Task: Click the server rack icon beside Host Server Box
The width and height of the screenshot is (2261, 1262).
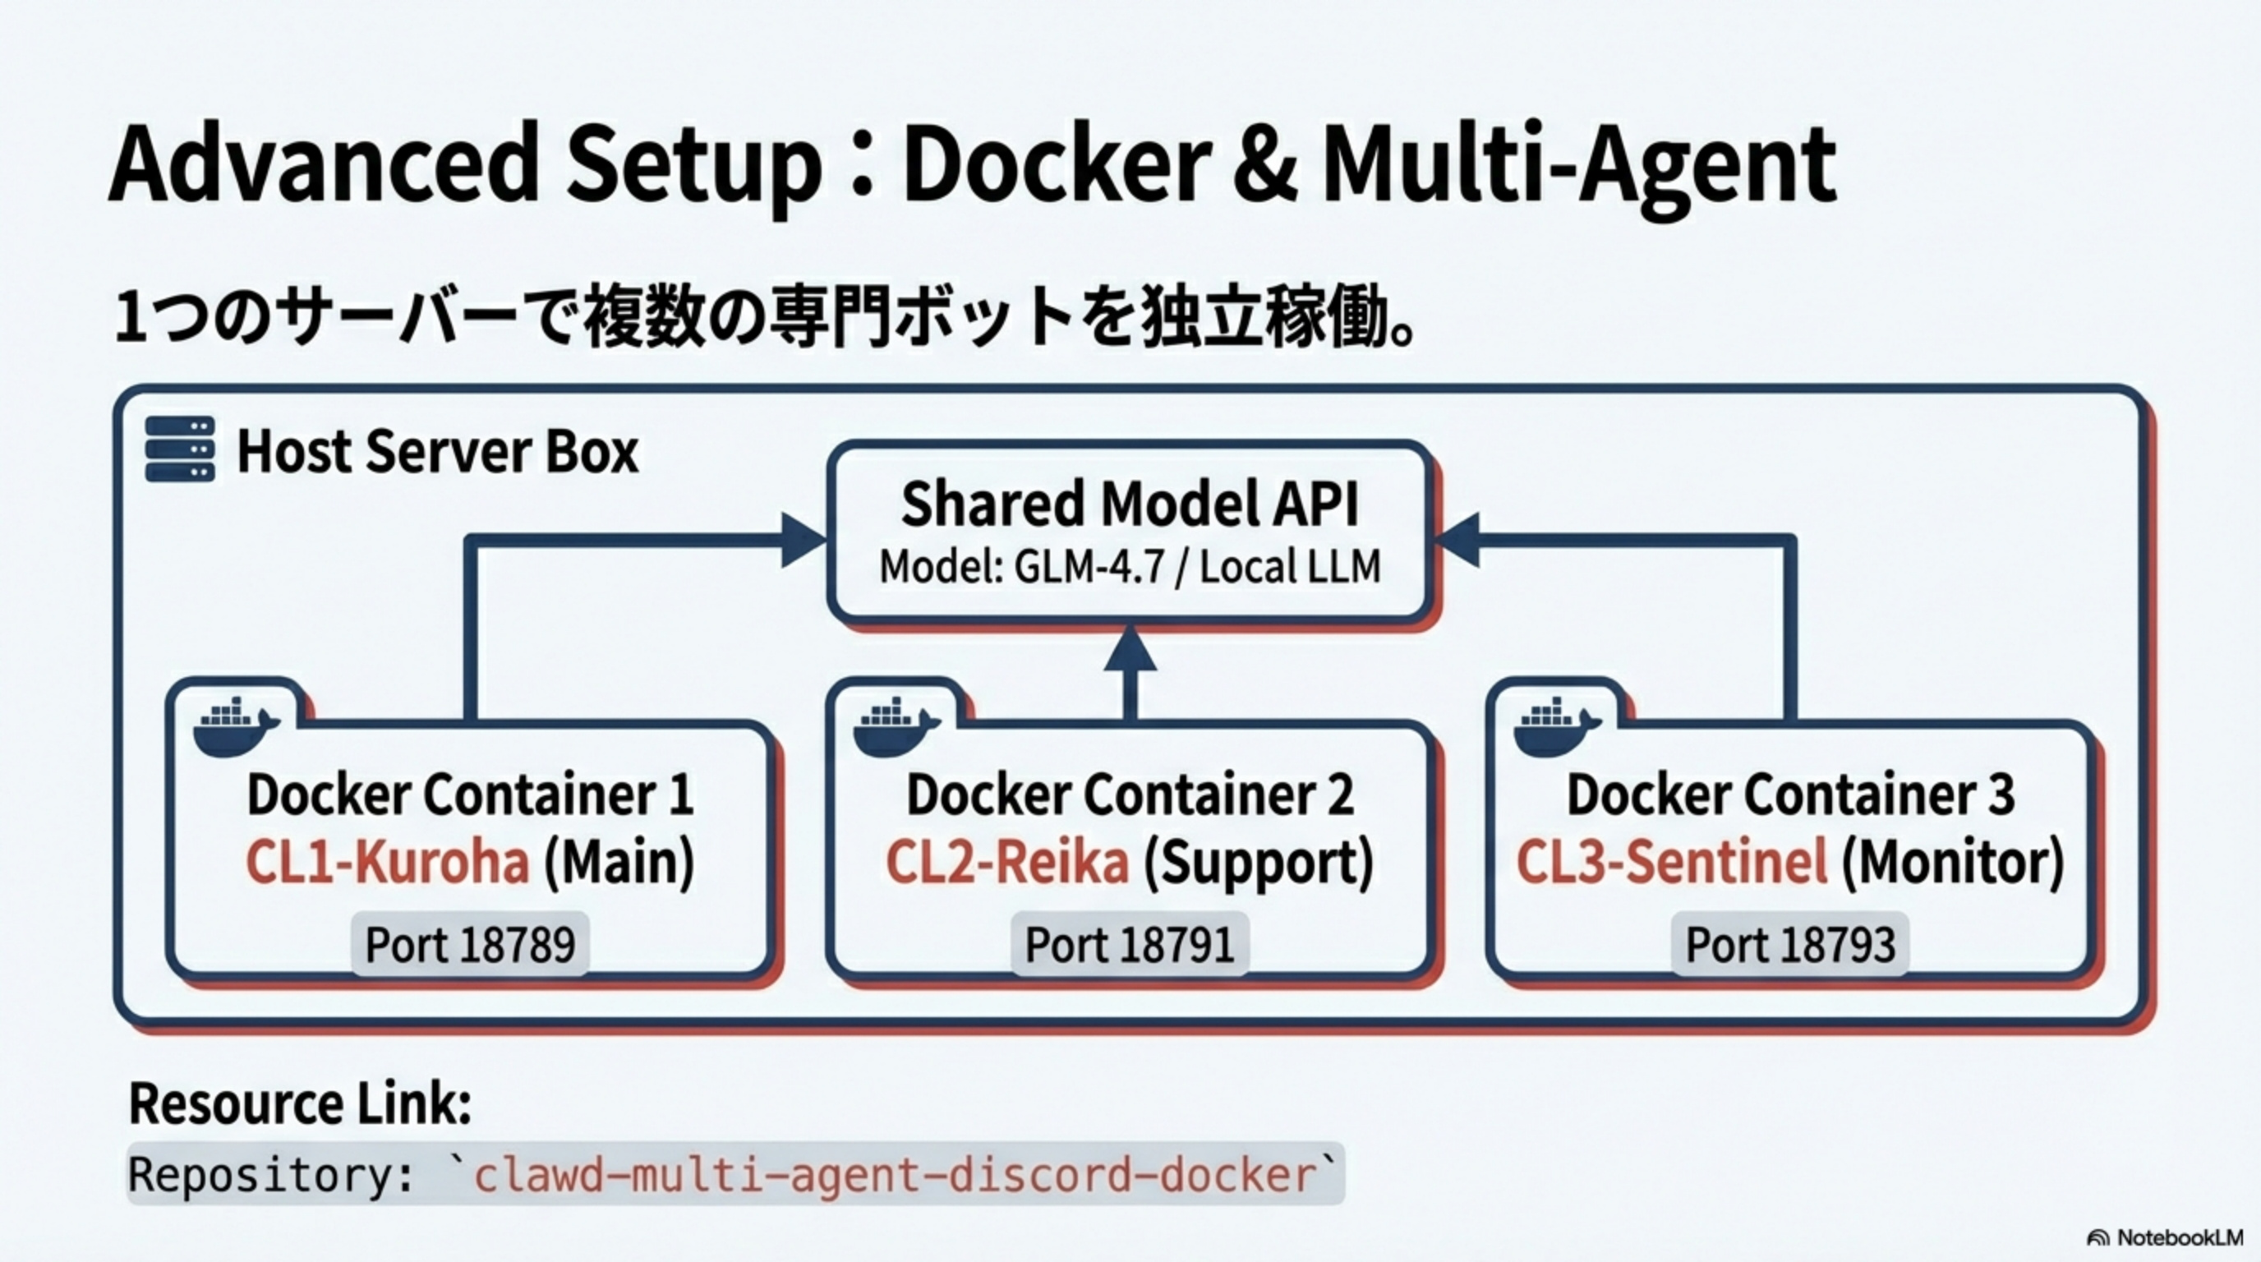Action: (180, 449)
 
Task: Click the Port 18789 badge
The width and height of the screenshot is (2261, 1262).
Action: (470, 944)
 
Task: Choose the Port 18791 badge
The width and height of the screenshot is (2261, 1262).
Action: (1130, 944)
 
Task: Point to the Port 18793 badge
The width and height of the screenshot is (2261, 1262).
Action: (1789, 944)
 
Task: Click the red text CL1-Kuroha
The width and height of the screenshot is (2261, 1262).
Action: (387, 861)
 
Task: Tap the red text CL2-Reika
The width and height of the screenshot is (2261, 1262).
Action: (1006, 861)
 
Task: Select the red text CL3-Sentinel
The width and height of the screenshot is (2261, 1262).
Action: (1671, 861)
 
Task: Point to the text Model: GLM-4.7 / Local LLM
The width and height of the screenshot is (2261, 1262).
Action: (1130, 567)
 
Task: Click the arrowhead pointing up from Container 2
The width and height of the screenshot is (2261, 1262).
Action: (1130, 649)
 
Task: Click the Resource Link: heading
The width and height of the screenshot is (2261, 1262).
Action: (300, 1103)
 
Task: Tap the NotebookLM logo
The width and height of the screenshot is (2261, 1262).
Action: (2164, 1237)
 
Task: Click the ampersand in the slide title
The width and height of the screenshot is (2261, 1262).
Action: (1264, 167)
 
